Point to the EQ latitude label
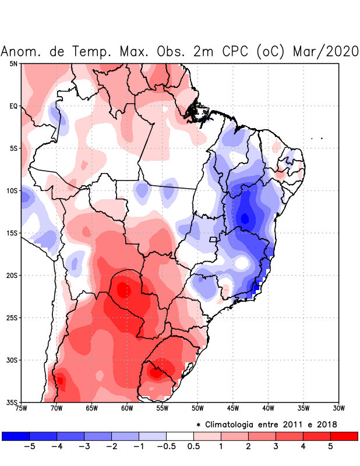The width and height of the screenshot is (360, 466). tap(13, 106)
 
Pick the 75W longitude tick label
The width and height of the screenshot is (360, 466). tap(21, 408)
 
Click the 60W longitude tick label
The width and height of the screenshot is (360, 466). tap(126, 408)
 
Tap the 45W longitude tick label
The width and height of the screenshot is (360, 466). tap(232, 408)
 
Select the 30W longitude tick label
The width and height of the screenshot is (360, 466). tap(338, 408)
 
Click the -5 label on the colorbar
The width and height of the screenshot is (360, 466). tap(29, 447)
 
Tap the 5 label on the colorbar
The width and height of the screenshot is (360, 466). tap(331, 447)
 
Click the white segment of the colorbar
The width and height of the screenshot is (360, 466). tap(180, 436)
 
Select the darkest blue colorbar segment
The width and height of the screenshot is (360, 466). tap(15, 436)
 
